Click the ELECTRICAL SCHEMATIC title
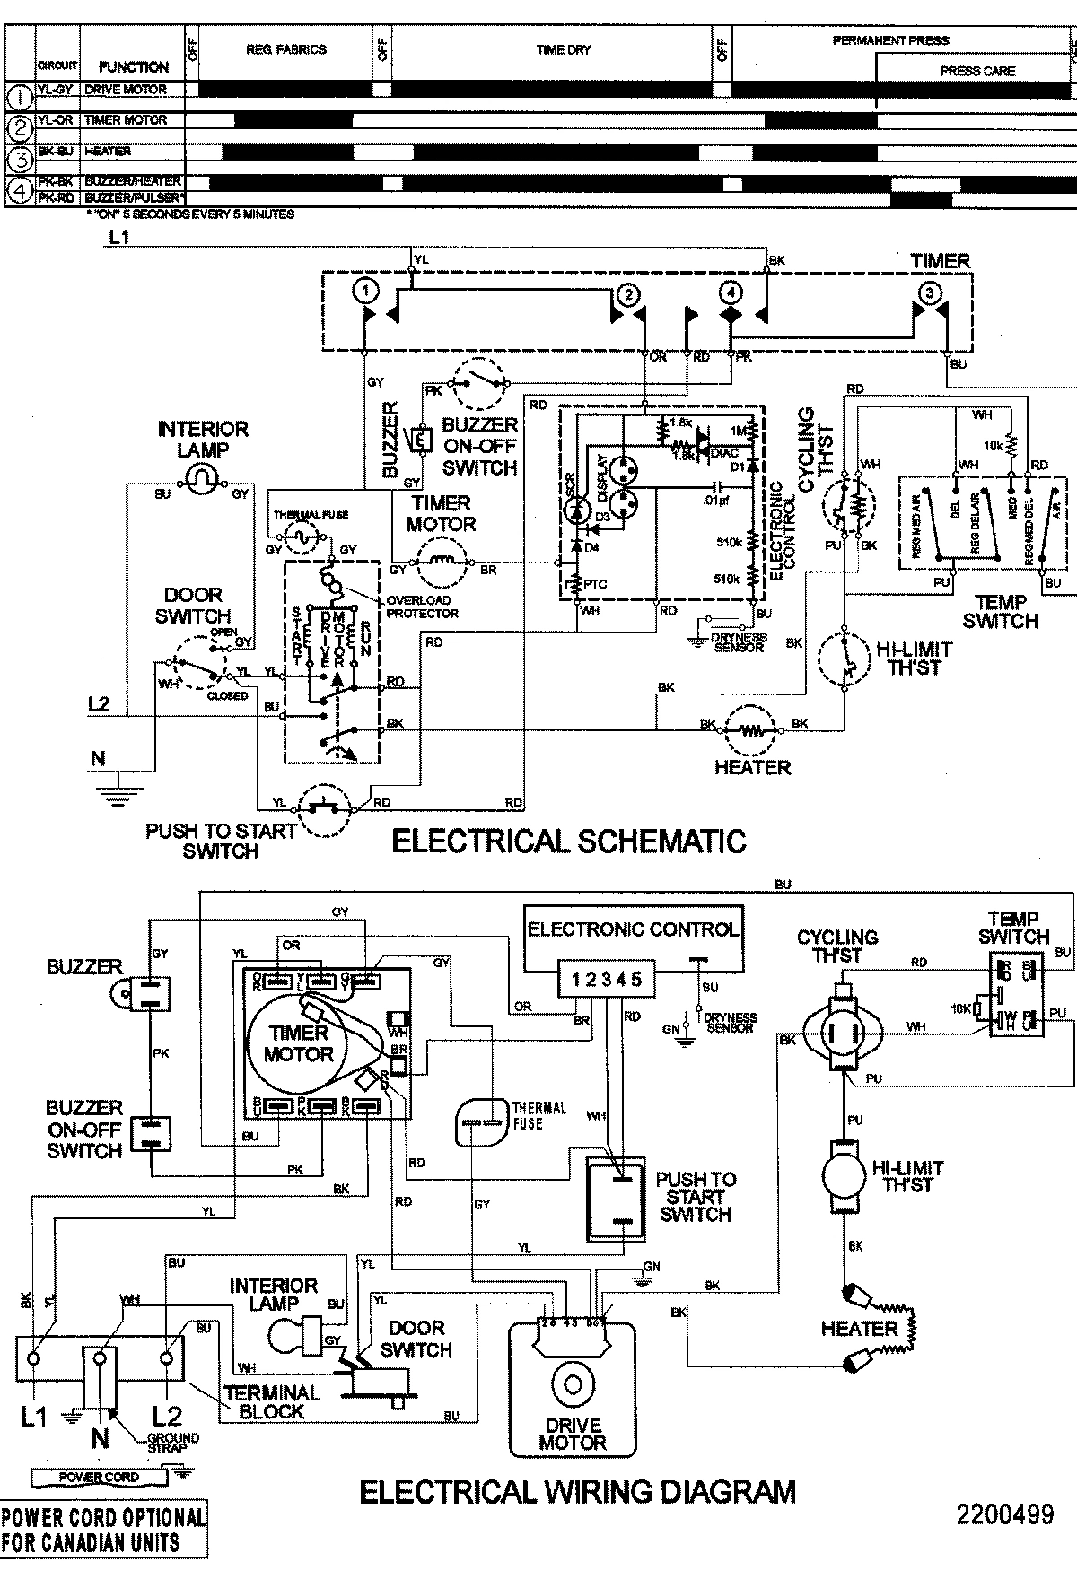(569, 841)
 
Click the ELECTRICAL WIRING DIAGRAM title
(577, 1491)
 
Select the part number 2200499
(1004, 1514)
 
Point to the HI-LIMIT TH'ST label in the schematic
(913, 658)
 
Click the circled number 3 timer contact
(929, 292)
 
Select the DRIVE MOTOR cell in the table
(126, 90)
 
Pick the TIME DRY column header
(564, 50)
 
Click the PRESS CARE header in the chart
(977, 71)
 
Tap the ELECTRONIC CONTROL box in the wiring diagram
(633, 929)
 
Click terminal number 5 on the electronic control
(636, 979)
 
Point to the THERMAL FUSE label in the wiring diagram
(539, 1115)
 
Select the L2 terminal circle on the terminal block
(166, 1359)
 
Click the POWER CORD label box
(99, 1477)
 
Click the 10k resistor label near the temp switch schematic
(992, 445)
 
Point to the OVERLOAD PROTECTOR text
(422, 606)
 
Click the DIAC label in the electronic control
(723, 453)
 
